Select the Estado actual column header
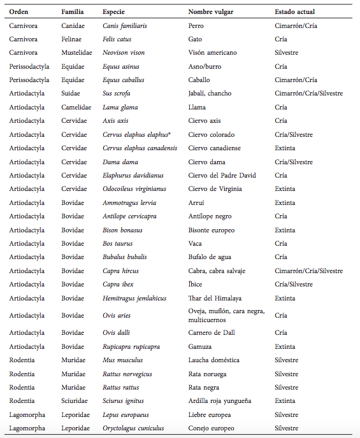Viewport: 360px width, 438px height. tap(294, 11)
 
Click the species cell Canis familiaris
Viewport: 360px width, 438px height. tap(125, 26)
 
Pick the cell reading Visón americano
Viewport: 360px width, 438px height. tap(212, 53)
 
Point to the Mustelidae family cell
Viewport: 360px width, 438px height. tap(76, 53)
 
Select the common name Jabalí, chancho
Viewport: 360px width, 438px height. tap(210, 94)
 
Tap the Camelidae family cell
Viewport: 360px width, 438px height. tap(76, 107)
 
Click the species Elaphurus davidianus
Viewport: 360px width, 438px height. tap(133, 175)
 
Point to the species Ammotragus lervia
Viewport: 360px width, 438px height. tap(129, 202)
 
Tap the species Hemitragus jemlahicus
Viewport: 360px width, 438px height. tap(134, 297)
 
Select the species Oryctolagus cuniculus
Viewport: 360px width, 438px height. tap(133, 428)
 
